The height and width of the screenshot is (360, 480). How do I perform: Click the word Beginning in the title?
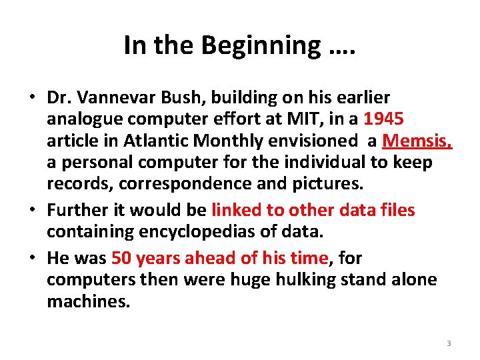259,45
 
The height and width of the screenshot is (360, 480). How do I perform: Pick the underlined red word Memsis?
418,141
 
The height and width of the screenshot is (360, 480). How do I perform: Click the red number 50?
121,258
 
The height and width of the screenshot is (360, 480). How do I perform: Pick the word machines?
87,301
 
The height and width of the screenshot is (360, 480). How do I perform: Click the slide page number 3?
448,343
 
